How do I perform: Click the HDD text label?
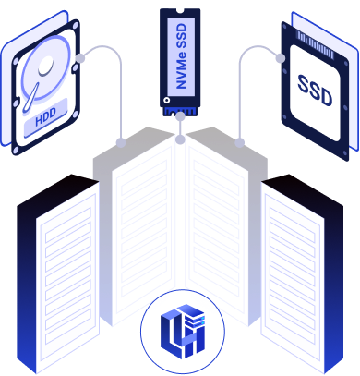pos(45,117)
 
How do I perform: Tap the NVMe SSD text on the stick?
pos(182,56)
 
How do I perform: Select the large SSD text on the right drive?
pos(315,91)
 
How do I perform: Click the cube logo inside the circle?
pos(183,332)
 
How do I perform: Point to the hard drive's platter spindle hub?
pos(46,66)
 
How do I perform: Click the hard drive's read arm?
pos(30,97)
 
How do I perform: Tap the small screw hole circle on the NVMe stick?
pos(166,100)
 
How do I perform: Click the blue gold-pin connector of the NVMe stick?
pos(180,111)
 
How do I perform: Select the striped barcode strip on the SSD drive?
pos(315,44)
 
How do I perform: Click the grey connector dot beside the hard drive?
pos(80,58)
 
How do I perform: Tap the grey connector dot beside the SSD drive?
pos(281,58)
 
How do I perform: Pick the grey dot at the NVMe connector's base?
pos(180,116)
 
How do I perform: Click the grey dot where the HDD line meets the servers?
pos(121,143)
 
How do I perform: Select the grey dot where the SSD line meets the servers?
pos(240,142)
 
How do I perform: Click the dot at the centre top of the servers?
pos(180,139)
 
